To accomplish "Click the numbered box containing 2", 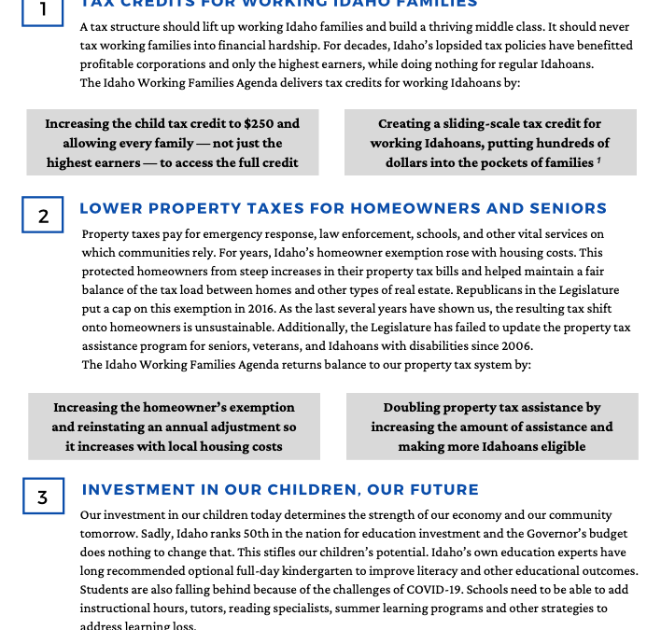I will (43, 215).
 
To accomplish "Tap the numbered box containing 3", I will (43, 497).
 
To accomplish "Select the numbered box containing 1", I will (43, 9).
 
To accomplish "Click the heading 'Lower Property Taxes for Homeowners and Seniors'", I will (343, 208).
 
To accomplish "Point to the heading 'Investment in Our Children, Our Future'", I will (280, 489).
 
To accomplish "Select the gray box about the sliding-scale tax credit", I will (490, 142).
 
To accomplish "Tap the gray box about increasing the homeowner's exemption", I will (174, 427).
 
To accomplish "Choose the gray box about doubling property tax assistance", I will (492, 427).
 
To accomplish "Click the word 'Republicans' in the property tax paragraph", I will (485, 289).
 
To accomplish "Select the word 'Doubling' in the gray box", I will (412, 408).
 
